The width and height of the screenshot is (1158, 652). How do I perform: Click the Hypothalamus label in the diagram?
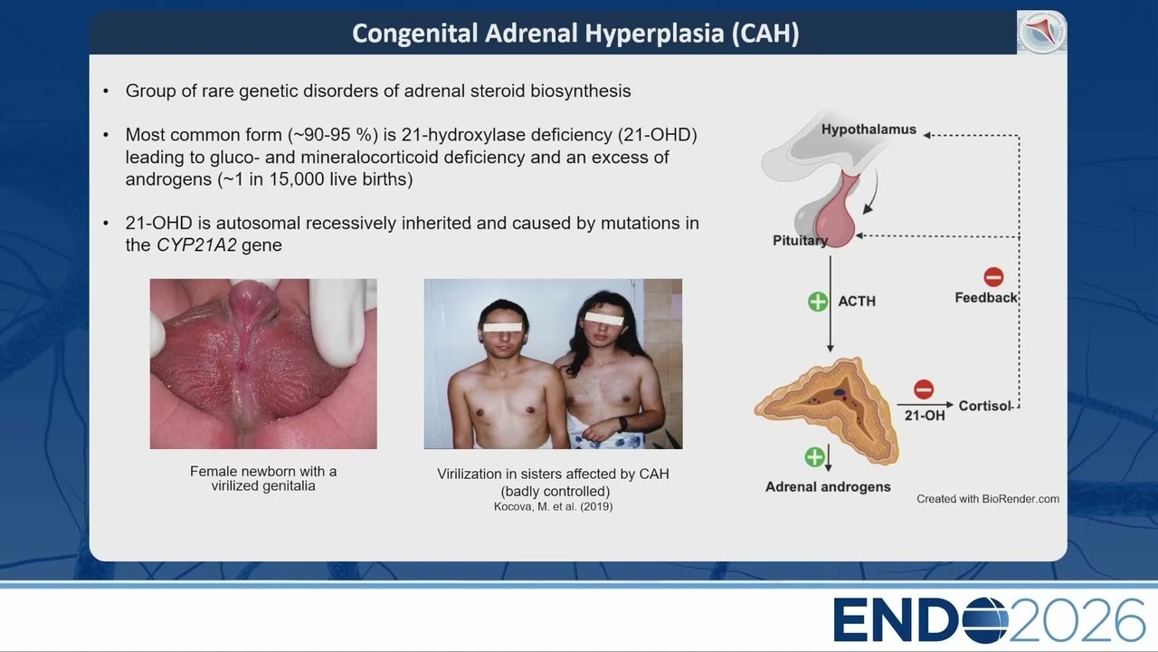(x=868, y=129)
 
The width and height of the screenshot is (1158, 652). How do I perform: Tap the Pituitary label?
(x=800, y=241)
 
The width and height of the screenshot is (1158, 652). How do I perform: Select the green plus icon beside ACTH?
(x=818, y=302)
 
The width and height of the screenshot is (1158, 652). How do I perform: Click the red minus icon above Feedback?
(x=993, y=277)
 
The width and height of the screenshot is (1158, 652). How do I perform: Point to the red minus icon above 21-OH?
(x=924, y=389)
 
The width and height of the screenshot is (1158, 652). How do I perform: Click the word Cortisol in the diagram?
(x=984, y=407)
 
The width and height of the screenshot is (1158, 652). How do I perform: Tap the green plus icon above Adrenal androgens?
(x=815, y=457)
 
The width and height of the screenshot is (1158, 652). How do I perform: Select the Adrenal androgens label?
(x=828, y=487)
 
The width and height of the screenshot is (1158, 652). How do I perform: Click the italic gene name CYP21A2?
(x=196, y=244)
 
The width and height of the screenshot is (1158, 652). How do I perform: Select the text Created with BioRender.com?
(x=988, y=499)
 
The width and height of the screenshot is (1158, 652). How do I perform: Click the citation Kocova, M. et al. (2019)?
(x=553, y=506)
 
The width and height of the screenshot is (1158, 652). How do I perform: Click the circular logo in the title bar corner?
(x=1041, y=32)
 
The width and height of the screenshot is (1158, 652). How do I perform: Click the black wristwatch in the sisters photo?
(x=622, y=424)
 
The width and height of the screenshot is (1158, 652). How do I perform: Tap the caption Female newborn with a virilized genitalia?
(x=263, y=479)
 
